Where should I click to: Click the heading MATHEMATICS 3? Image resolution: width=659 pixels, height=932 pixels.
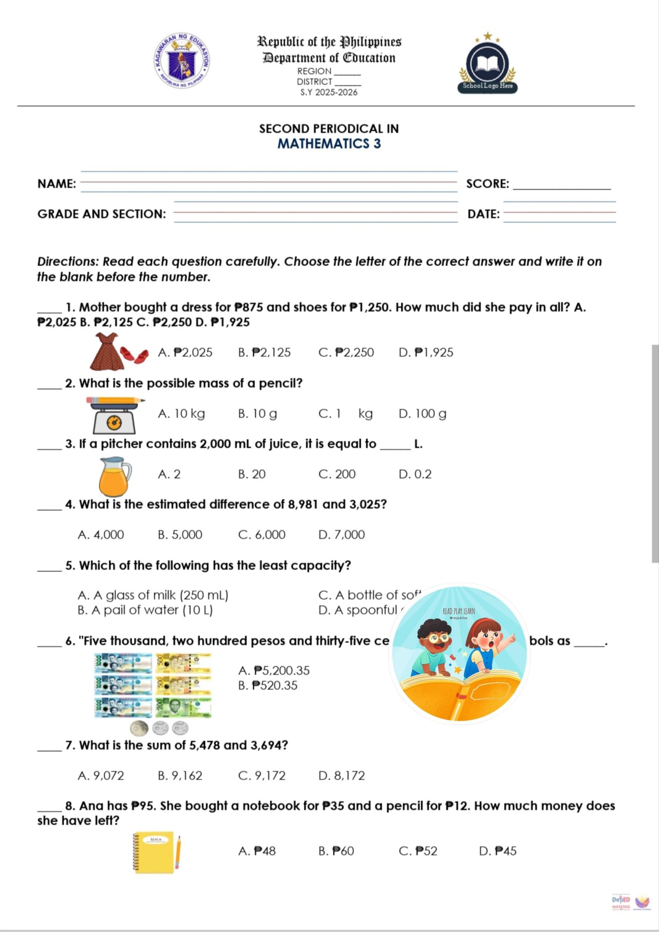(329, 144)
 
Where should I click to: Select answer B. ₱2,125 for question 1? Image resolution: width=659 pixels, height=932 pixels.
(264, 353)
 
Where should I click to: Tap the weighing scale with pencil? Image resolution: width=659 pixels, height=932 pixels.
(115, 415)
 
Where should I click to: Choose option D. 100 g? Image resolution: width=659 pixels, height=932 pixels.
(422, 414)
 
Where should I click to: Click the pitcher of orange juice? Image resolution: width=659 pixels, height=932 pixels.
(115, 476)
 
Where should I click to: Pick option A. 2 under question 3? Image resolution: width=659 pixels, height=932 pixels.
(169, 474)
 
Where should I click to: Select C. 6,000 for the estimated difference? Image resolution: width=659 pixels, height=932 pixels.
(262, 535)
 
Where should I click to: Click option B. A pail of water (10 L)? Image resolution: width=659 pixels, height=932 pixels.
(145, 610)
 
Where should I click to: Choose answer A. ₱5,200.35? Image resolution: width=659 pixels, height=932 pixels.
(274, 671)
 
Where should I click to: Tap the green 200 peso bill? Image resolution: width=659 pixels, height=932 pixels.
(183, 707)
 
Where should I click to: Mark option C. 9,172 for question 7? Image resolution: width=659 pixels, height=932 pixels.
(262, 776)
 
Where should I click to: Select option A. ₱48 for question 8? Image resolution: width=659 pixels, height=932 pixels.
(257, 851)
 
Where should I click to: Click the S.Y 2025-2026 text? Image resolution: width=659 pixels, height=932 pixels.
(329, 92)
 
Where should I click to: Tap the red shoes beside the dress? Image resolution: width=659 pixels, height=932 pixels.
(135, 355)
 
